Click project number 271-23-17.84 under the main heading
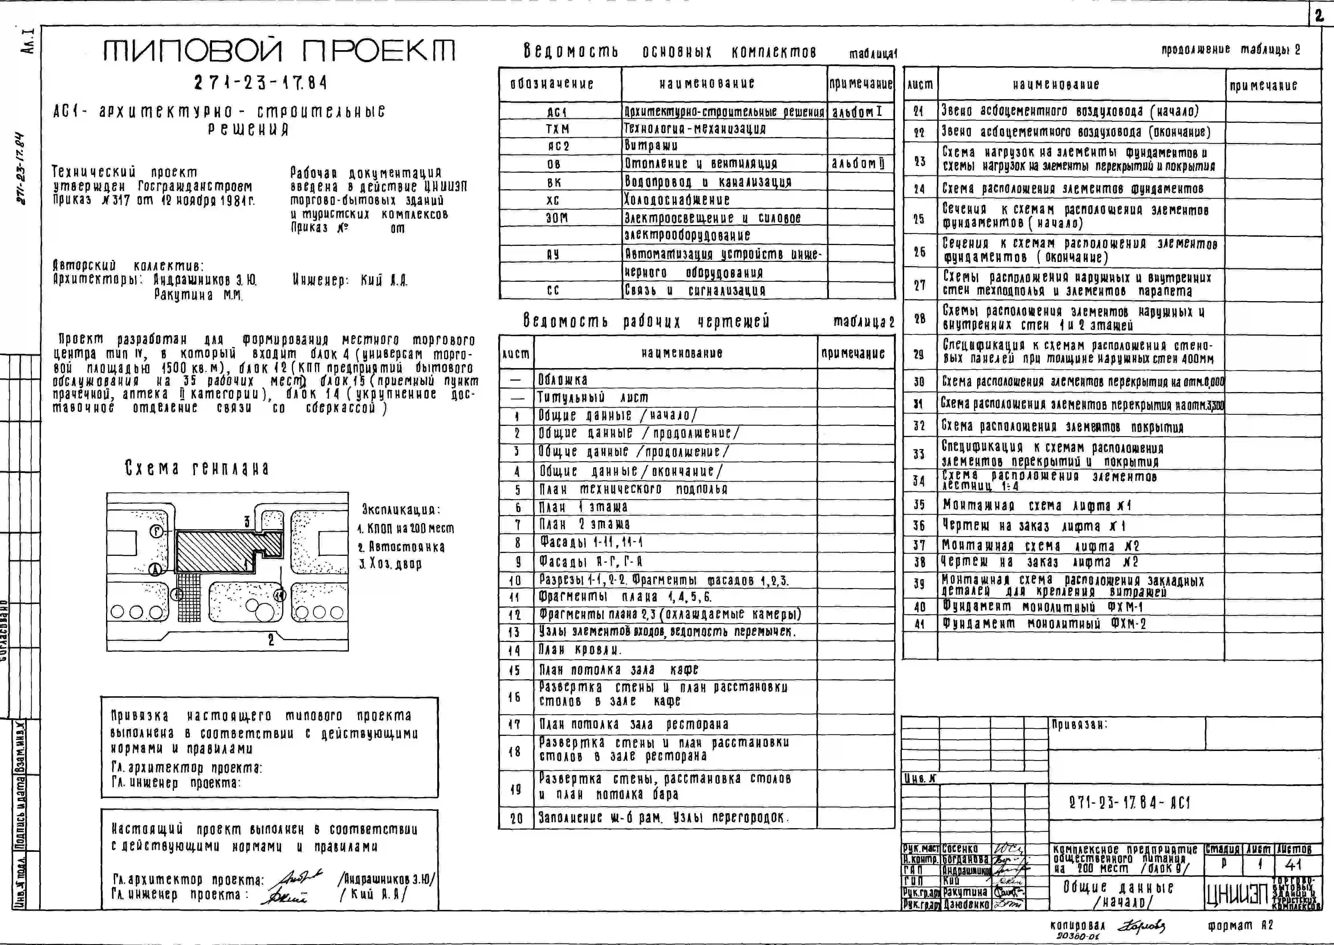[x=261, y=83]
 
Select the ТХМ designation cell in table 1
[x=558, y=128]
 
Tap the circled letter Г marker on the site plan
[x=156, y=531]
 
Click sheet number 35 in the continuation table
[x=919, y=505]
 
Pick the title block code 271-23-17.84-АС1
[x=1129, y=803]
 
